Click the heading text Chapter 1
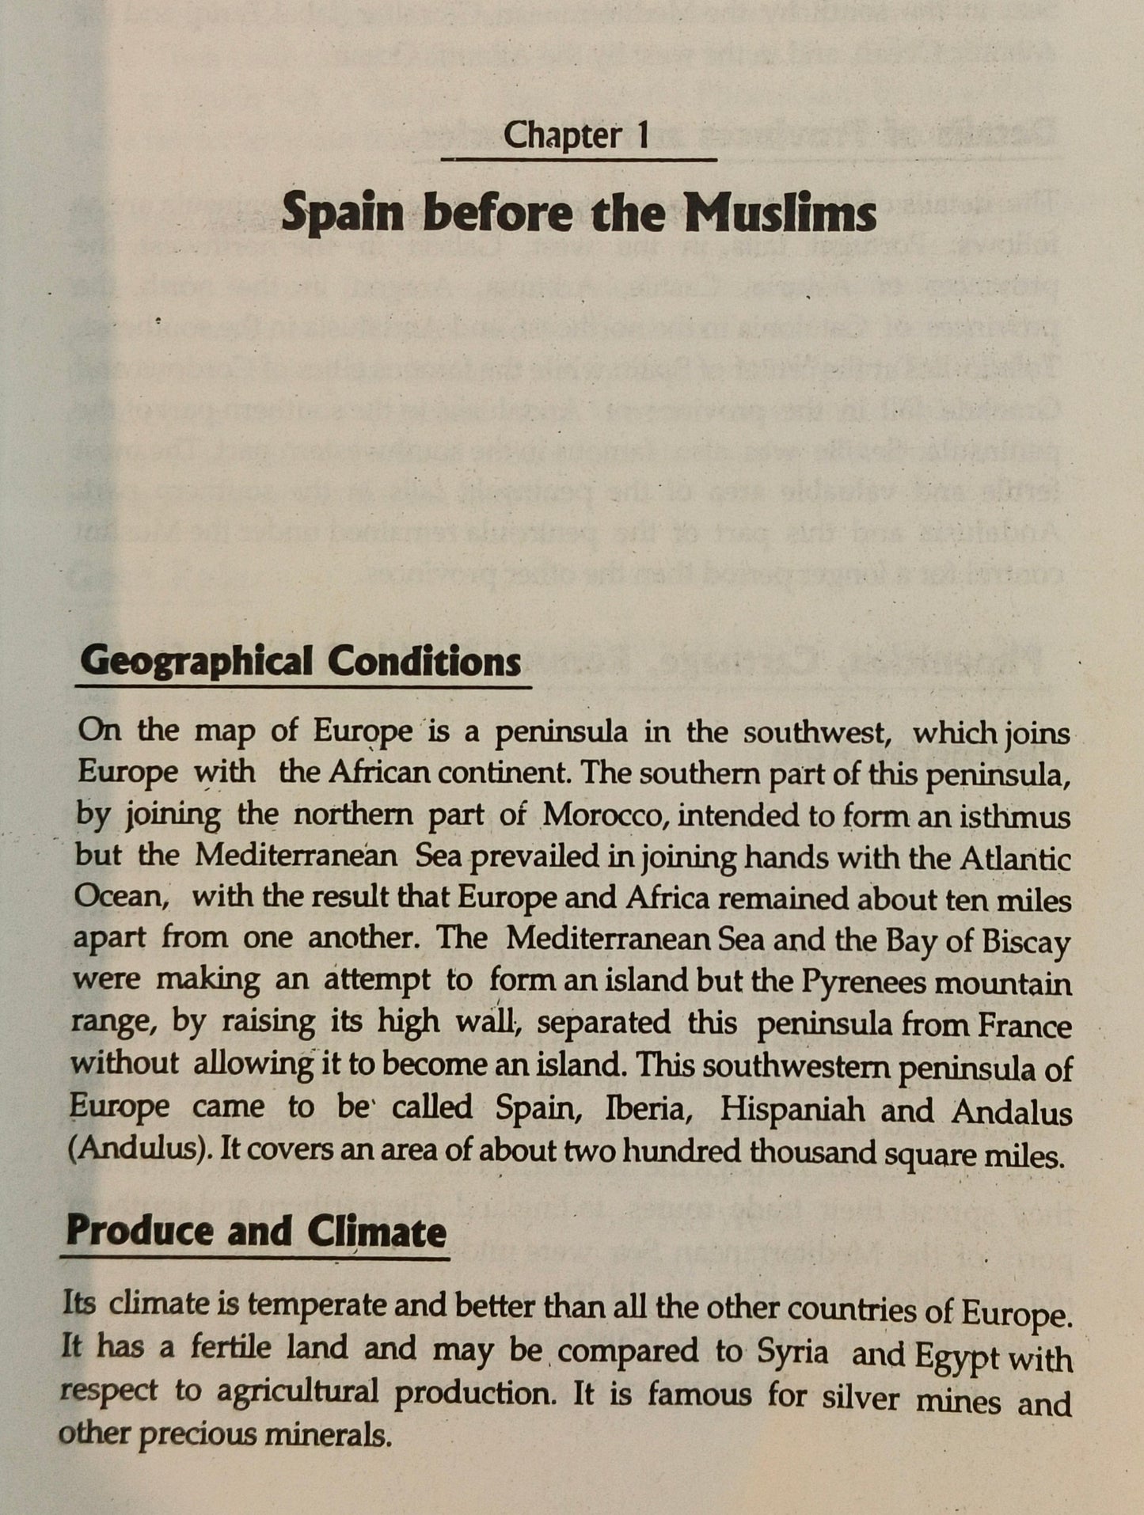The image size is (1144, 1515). [x=576, y=135]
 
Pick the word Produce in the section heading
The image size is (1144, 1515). [x=139, y=1232]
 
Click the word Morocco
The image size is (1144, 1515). [x=604, y=814]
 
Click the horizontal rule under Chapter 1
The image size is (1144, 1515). [x=578, y=160]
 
